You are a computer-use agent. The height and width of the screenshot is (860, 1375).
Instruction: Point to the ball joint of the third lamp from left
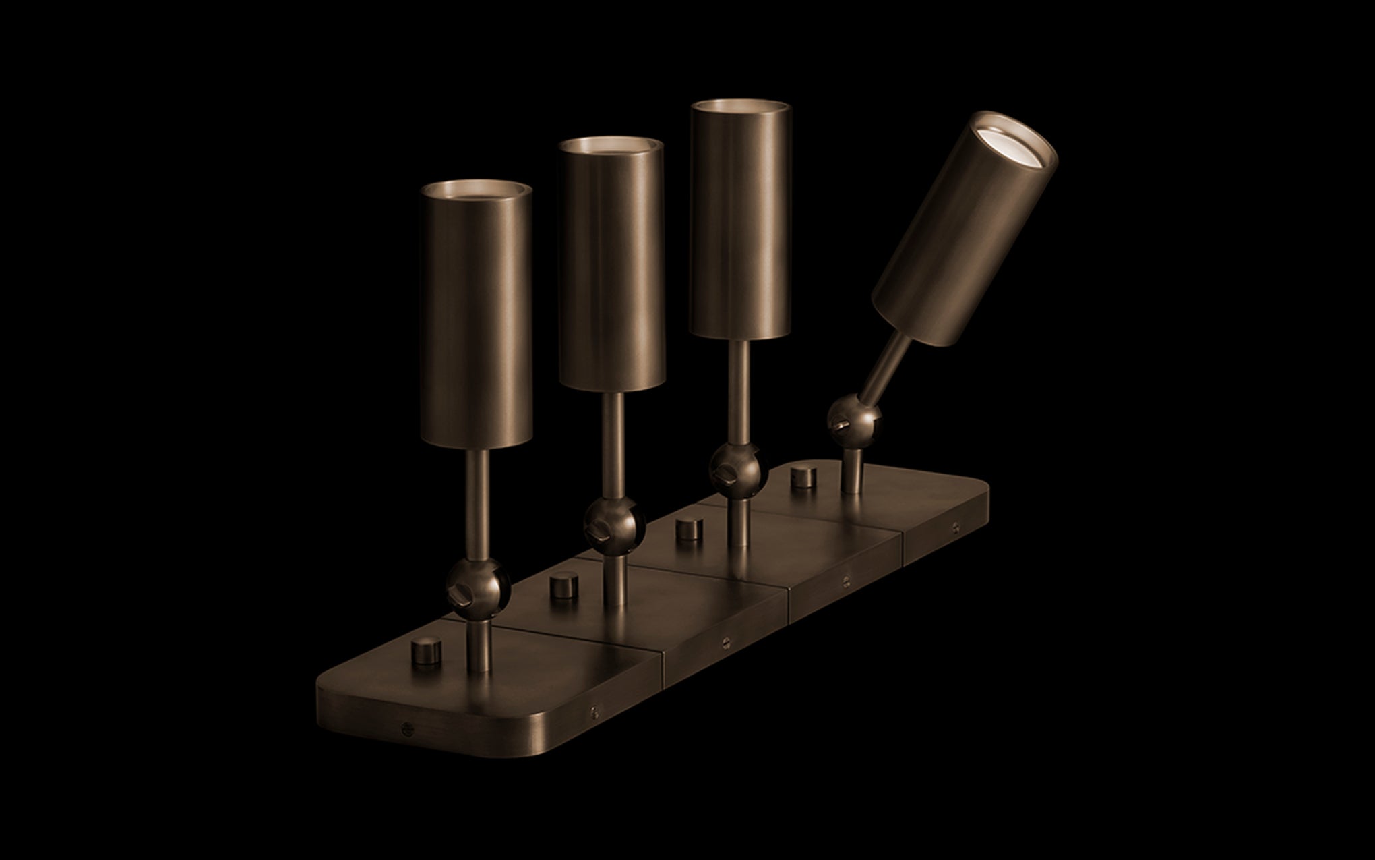pos(739,465)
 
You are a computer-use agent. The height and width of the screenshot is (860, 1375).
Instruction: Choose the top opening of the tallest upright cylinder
pos(741,109)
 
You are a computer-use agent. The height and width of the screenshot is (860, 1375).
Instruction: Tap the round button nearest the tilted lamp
pos(801,477)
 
